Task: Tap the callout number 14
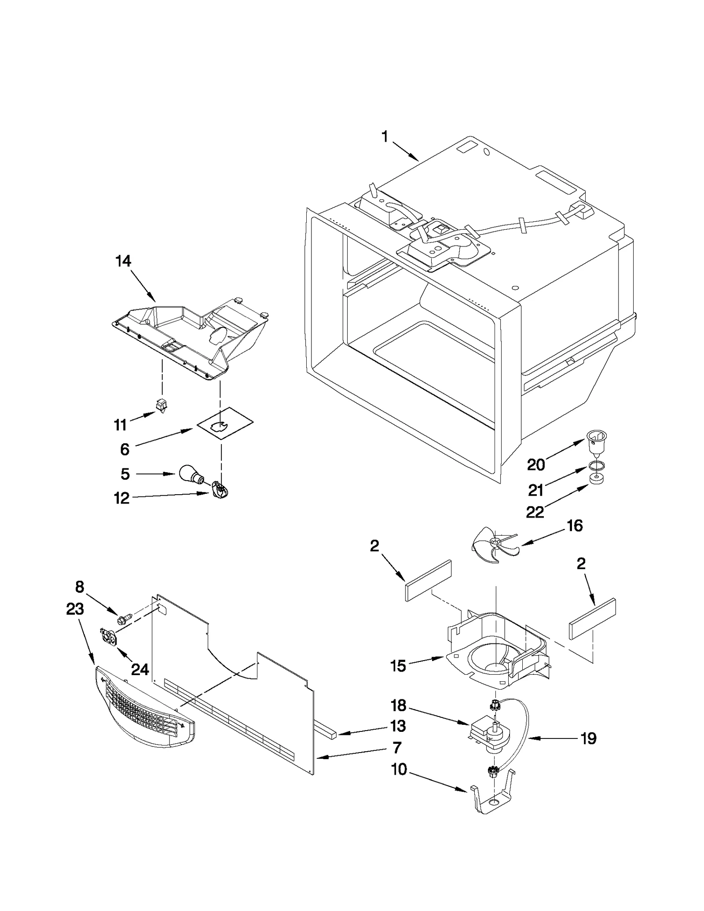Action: click(x=123, y=261)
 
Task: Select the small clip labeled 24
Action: click(x=110, y=638)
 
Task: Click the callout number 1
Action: click(x=385, y=137)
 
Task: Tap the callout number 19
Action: click(x=589, y=738)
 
